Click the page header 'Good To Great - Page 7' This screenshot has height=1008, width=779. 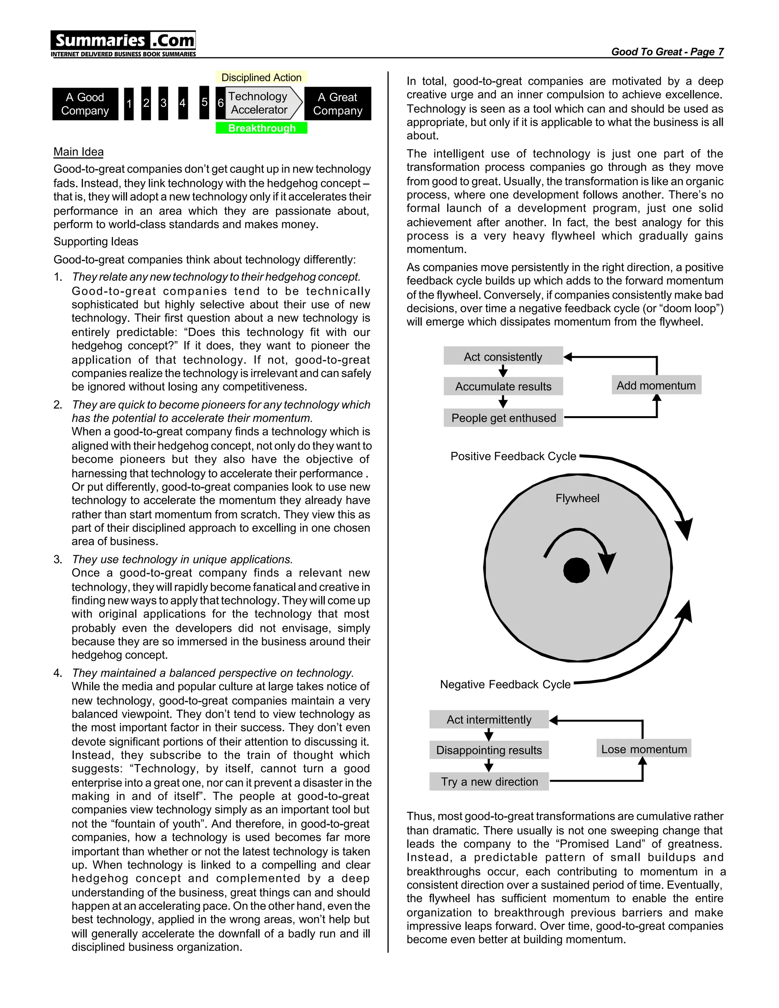pyautogui.click(x=667, y=52)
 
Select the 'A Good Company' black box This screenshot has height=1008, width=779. pyautogui.click(x=85, y=104)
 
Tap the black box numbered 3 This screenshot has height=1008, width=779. pyautogui.click(x=163, y=103)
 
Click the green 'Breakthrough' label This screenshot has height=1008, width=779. pyautogui.click(x=262, y=128)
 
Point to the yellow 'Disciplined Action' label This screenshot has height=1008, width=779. pyautogui.click(x=261, y=78)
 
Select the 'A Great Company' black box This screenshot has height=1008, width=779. pyautogui.click(x=337, y=104)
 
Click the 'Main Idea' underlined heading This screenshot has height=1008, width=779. pyautogui.click(x=78, y=152)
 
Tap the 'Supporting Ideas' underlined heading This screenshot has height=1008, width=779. pyautogui.click(x=96, y=242)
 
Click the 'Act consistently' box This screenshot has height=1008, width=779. pyautogui.click(x=503, y=356)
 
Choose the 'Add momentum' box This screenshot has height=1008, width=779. pyautogui.click(x=656, y=385)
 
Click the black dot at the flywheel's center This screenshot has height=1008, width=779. pyautogui.click(x=576, y=571)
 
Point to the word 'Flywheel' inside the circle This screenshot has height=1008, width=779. pyautogui.click(x=577, y=498)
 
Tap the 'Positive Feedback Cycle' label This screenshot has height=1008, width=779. pyautogui.click(x=513, y=456)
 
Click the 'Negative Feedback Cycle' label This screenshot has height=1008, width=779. pyautogui.click(x=506, y=684)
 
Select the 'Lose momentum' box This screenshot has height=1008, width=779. pyautogui.click(x=644, y=749)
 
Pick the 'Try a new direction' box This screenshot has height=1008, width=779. pyautogui.click(x=489, y=781)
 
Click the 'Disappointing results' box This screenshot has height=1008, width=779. pyautogui.click(x=489, y=750)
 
